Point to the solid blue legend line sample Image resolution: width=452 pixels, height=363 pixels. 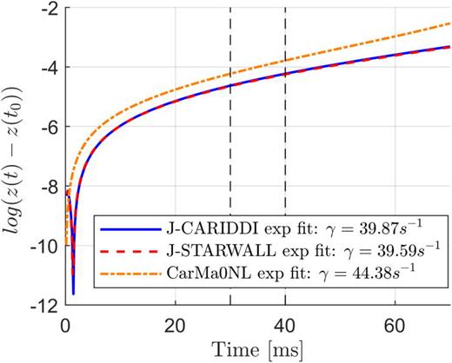pyautogui.click(x=100, y=233)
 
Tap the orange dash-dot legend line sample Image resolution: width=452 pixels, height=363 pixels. pyautogui.click(x=100, y=277)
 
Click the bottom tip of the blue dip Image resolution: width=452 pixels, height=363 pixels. pyautogui.click(x=73, y=294)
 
